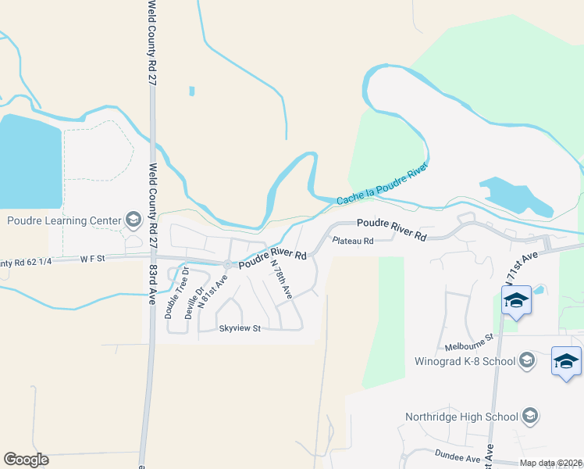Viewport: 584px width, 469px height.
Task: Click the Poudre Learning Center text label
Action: [x=62, y=220]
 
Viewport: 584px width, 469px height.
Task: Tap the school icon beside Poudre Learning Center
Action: [x=132, y=220]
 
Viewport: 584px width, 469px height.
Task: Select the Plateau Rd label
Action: [x=353, y=241]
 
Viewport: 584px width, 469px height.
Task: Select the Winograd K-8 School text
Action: [x=465, y=361]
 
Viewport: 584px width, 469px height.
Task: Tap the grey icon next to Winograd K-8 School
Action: [x=527, y=360]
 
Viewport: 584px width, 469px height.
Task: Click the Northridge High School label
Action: [x=462, y=415]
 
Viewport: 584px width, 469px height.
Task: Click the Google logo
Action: [x=26, y=459]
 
